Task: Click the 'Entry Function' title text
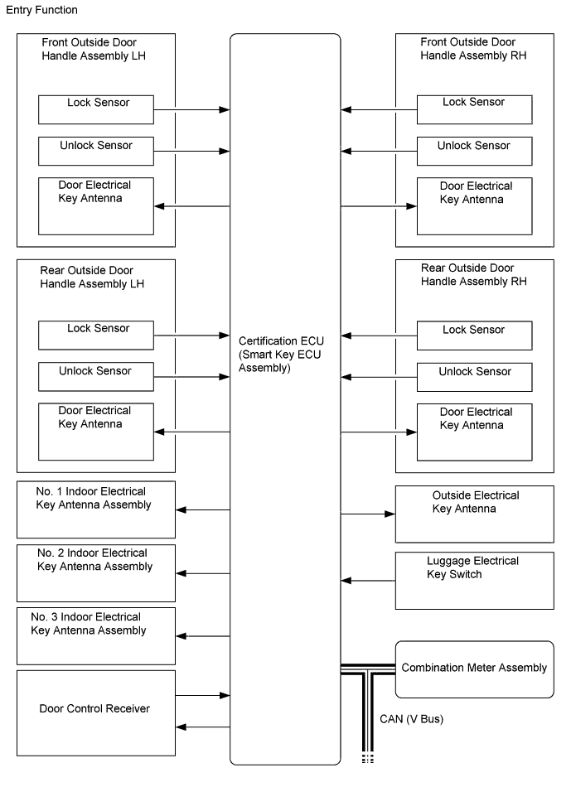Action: click(x=41, y=10)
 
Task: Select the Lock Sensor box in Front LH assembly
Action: click(x=96, y=109)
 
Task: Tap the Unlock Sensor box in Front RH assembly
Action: click(x=474, y=152)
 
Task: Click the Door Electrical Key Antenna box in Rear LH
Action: click(x=96, y=432)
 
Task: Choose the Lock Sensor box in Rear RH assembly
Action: click(x=474, y=336)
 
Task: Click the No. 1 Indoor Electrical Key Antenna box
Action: click(x=96, y=509)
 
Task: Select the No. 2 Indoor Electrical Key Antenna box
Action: click(x=96, y=572)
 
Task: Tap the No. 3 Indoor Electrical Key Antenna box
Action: click(x=96, y=635)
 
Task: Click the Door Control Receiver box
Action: click(x=96, y=712)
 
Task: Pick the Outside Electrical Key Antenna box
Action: click(x=474, y=514)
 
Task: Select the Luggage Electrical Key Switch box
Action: click(x=474, y=580)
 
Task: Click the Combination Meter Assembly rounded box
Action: click(x=474, y=669)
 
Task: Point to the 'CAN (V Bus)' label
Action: click(x=411, y=719)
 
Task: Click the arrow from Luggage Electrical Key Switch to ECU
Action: click(x=368, y=580)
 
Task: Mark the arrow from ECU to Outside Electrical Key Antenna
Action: click(x=368, y=514)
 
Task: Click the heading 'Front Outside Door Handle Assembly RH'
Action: click(x=473, y=49)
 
